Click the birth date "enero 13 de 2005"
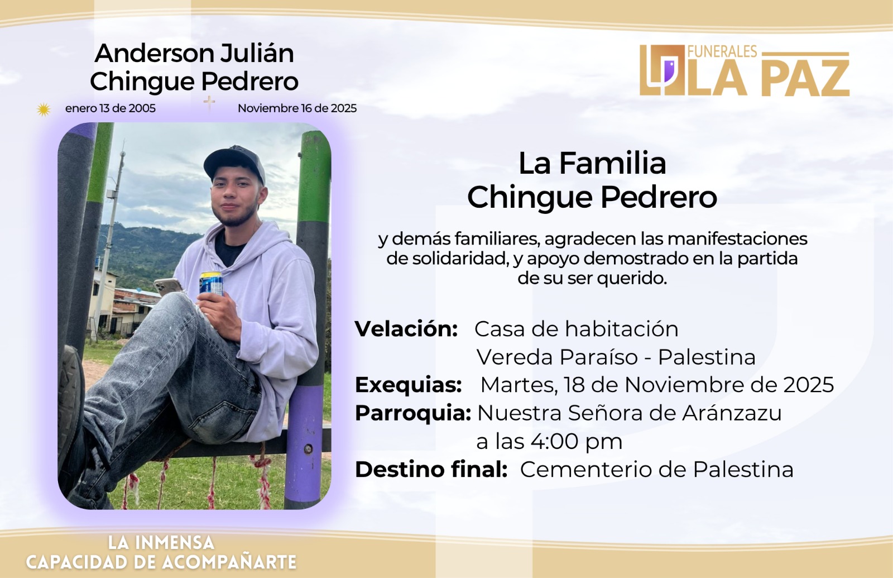pos(111,108)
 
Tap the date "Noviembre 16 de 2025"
pos(297,108)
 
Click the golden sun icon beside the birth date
pos(44,109)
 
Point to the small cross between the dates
pos(209,103)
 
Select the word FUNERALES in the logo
pos(722,51)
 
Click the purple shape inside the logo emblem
pos(668,69)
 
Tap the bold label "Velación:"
pos(406,329)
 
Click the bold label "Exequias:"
pos(408,385)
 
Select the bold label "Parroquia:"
pos(413,413)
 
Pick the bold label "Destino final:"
pos(431,469)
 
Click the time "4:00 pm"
pos(576,442)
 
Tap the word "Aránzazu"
pos(732,413)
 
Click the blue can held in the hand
pos(212,284)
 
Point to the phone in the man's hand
pos(168,286)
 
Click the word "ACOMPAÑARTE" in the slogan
pos(229,562)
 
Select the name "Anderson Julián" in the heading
pos(195,53)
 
